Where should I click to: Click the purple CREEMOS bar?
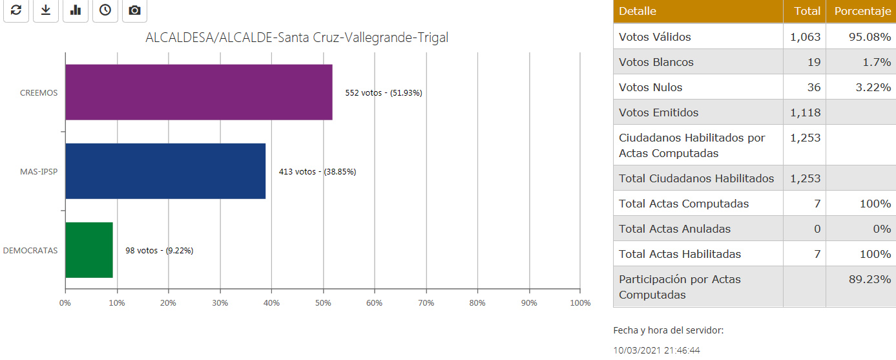pos(199,92)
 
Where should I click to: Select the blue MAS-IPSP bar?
pos(165,171)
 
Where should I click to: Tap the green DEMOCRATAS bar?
pos(89,250)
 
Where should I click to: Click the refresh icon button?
pos(16,10)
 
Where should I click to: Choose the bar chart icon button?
pos(76,10)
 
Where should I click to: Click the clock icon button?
pos(105,10)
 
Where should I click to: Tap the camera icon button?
pos(134,10)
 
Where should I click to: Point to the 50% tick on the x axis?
pos(322,302)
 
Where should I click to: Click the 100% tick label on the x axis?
pos(580,302)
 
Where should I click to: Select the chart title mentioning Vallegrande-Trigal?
pos(297,37)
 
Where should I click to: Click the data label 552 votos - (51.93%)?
pos(383,93)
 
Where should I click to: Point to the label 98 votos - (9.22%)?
pos(159,251)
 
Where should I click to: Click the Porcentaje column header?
pos(861,11)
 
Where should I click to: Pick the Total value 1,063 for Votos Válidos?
pos(805,37)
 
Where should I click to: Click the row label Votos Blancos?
pos(656,62)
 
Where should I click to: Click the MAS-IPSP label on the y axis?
pos(39,172)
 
